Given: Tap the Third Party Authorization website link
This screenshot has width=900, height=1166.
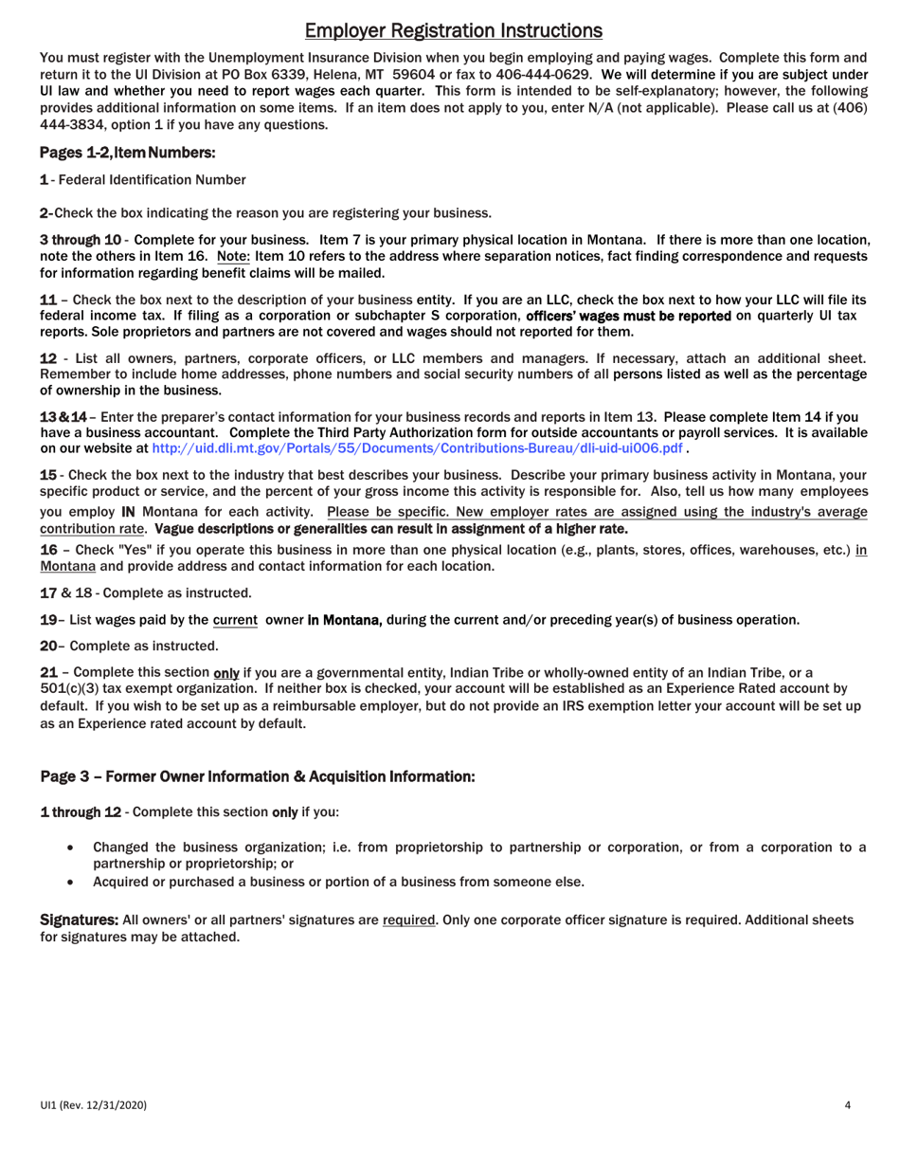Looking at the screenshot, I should pyautogui.click(x=417, y=447).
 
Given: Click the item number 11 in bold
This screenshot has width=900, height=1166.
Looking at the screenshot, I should pyautogui.click(x=47, y=299).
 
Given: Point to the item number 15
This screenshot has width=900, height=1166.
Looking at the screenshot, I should pyautogui.click(x=47, y=474).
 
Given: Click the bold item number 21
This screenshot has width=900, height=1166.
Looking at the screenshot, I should pyautogui.click(x=47, y=672).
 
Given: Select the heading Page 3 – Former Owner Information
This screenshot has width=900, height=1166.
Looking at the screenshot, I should pyautogui.click(x=257, y=776).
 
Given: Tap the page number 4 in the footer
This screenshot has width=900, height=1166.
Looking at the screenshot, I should pyautogui.click(x=848, y=1104).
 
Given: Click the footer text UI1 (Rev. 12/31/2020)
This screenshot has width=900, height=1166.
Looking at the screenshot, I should pyautogui.click(x=93, y=1104).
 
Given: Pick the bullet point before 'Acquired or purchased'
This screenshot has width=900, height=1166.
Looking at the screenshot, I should pyautogui.click(x=72, y=882).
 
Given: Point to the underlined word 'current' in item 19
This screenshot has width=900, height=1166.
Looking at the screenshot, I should pyautogui.click(x=235, y=620).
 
